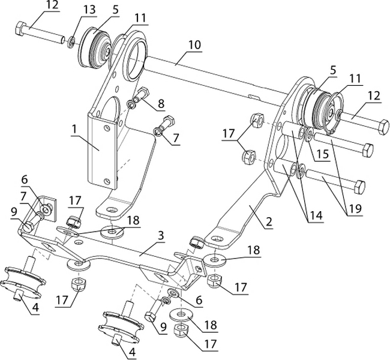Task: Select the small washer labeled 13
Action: [x=71, y=41]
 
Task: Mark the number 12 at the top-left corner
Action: [x=52, y=5]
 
